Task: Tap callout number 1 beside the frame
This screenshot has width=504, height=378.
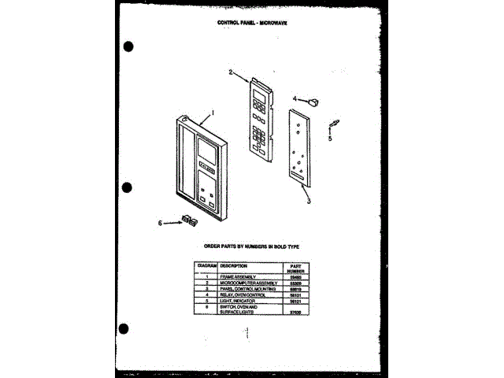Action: pos(212,113)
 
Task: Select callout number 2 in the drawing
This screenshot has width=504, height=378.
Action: pos(231,72)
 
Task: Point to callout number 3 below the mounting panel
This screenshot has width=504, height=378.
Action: pos(309,202)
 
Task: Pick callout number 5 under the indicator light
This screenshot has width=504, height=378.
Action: pos(331,138)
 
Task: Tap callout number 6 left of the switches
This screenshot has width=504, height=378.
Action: pos(161,223)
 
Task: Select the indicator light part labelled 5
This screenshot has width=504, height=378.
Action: pos(335,123)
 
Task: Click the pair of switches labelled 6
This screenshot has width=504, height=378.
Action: pos(187,220)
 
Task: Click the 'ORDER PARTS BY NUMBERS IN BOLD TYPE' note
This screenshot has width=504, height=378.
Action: pos(251,247)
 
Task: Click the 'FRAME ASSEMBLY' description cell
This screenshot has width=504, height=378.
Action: pos(229,277)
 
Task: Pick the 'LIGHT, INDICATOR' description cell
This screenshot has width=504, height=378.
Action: pos(228,300)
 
